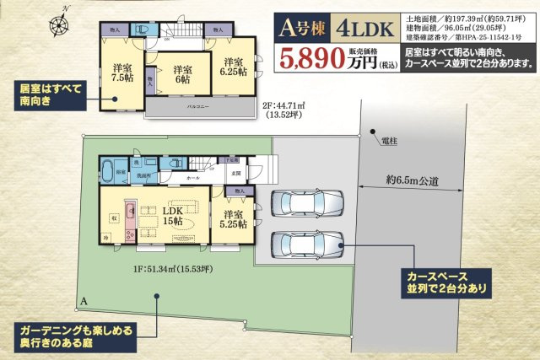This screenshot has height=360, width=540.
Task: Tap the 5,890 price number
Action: [x=316, y=58]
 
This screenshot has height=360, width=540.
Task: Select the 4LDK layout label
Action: [x=365, y=30]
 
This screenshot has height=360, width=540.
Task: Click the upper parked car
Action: [x=308, y=203]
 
